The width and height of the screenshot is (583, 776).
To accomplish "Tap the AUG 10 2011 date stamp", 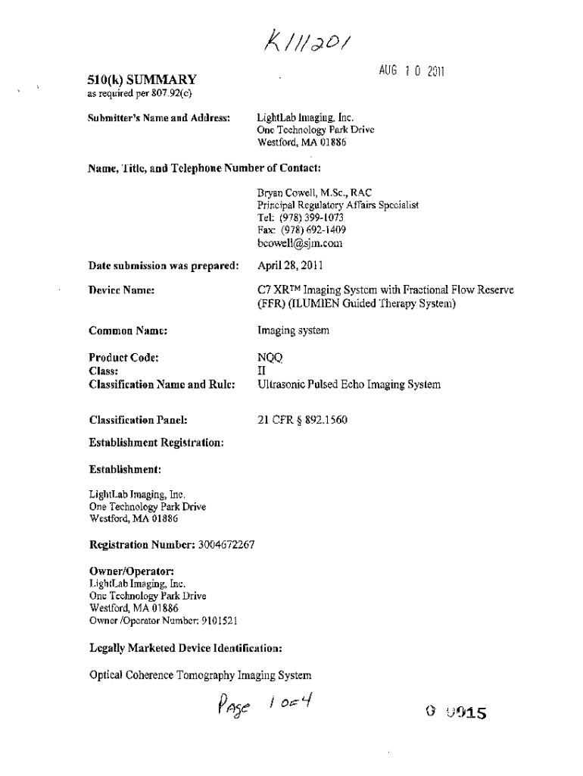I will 410,71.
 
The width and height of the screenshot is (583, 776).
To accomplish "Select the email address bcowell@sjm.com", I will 301,243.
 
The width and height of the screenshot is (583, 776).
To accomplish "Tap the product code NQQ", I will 270,358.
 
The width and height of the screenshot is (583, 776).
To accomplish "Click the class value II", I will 262,371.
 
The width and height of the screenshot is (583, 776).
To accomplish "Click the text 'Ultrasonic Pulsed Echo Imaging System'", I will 349,385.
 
